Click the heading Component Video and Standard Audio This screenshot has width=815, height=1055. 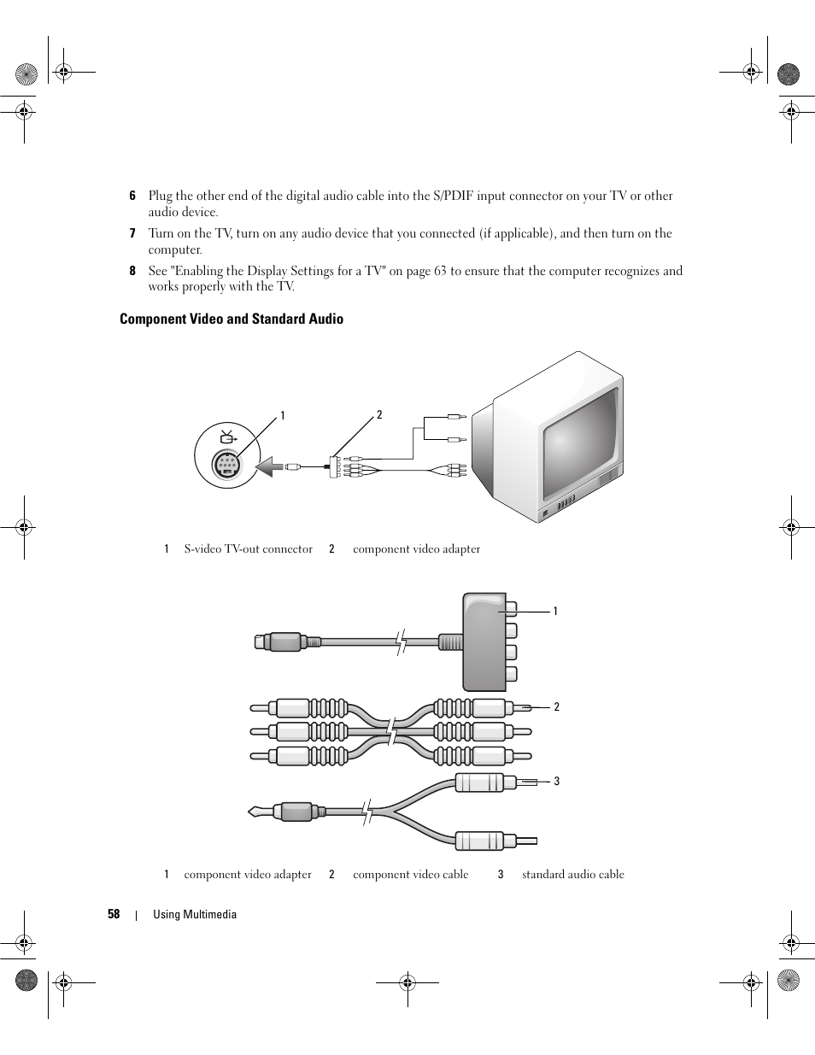click(x=231, y=319)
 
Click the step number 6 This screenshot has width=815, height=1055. click(x=132, y=196)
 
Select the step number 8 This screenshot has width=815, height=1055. click(x=132, y=271)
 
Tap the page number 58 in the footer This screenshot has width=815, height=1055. click(x=114, y=914)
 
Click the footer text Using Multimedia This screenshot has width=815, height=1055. click(x=194, y=914)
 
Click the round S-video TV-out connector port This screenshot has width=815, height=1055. click(x=226, y=466)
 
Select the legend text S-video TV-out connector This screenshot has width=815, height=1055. click(x=248, y=549)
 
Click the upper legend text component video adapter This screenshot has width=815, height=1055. click(x=416, y=549)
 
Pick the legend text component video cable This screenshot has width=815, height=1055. click(x=410, y=874)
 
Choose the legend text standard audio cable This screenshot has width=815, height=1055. click(x=572, y=874)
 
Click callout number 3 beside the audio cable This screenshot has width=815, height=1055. click(x=556, y=781)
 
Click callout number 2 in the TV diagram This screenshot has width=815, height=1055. click(x=379, y=415)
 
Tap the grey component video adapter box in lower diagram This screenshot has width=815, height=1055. click(x=484, y=642)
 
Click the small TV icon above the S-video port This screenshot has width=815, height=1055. click(x=227, y=437)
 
